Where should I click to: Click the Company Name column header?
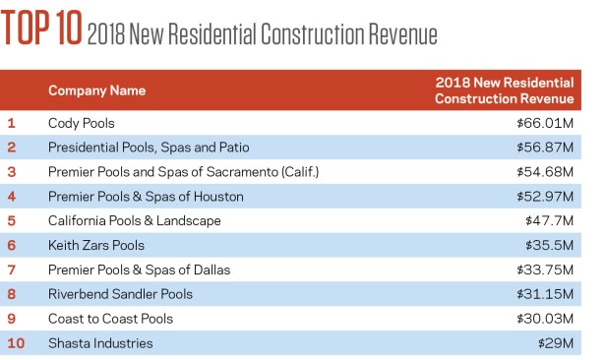click(x=96, y=90)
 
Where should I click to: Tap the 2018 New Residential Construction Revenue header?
click(x=504, y=90)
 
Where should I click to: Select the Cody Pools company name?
click(x=81, y=123)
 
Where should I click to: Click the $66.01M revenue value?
click(x=545, y=123)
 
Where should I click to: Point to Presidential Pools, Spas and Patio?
click(x=149, y=148)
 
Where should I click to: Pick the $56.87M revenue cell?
click(x=545, y=148)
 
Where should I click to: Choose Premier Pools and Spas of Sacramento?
click(x=183, y=172)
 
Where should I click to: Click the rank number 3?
click(x=12, y=172)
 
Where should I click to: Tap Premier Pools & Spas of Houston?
click(x=146, y=197)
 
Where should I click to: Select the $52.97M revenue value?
click(x=545, y=197)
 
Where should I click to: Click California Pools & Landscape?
click(x=135, y=221)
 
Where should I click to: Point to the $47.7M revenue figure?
click(x=549, y=221)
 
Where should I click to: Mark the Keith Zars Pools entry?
click(x=95, y=245)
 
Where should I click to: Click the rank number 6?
click(x=12, y=245)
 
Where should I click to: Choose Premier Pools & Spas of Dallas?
click(x=139, y=270)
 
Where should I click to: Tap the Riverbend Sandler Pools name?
click(x=120, y=294)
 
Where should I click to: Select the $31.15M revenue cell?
click(x=545, y=294)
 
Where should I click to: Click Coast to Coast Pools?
click(x=110, y=319)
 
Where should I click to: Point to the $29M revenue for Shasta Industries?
click(x=556, y=343)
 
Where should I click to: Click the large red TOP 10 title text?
click(x=41, y=28)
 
